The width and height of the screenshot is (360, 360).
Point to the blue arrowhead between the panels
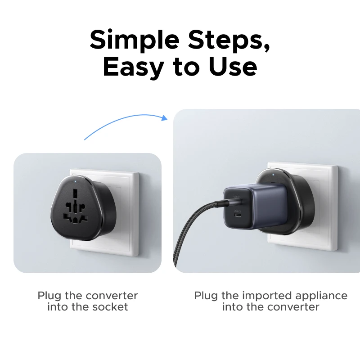(x=164, y=118)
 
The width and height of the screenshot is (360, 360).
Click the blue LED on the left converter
(x=76, y=182)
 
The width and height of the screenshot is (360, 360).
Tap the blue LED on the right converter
(x=273, y=175)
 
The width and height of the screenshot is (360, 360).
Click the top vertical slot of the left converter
(x=75, y=193)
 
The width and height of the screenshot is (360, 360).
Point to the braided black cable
(x=195, y=230)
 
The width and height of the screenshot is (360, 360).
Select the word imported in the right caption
(x=267, y=296)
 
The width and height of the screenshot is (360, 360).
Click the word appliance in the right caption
(x=321, y=296)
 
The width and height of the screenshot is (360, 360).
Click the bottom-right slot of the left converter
(x=84, y=218)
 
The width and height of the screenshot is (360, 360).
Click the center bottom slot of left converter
(x=75, y=220)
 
